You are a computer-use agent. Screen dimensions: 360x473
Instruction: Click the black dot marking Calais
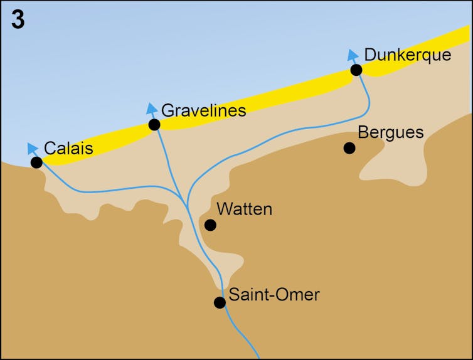pos(36,162)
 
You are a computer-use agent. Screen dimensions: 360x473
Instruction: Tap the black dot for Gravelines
pos(154,125)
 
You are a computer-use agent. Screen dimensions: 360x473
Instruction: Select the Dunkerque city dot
pos(356,70)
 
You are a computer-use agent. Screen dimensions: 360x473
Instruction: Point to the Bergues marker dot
pos(349,148)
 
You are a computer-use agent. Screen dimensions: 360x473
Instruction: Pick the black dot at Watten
pos(211,225)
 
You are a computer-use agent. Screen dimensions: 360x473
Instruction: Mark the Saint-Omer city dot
pos(220,302)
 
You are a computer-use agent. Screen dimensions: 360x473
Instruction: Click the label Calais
pos(68,149)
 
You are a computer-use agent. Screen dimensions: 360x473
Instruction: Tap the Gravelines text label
pos(203,110)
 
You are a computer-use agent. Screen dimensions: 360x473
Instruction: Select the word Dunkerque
pos(407,55)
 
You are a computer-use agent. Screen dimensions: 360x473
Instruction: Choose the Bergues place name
pos(390,133)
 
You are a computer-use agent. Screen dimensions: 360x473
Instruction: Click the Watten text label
pos(244,209)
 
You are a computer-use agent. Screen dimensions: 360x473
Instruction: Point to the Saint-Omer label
pos(274,294)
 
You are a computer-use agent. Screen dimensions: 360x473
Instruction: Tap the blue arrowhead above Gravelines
pos(151,109)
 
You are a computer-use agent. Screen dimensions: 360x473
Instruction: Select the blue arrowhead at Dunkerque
pos(353,54)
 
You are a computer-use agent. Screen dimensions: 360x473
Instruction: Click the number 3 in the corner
pos(18,20)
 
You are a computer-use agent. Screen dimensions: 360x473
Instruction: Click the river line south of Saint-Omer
pos(242,332)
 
